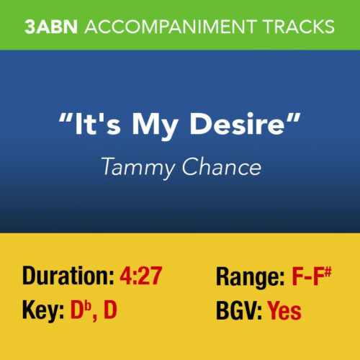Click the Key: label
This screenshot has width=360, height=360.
[x=42, y=312]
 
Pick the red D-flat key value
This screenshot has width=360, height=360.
[x=79, y=311]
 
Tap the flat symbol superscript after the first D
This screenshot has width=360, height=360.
[x=87, y=306]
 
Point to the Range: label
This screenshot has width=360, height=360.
[x=249, y=276]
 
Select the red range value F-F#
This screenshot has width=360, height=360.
[x=314, y=276]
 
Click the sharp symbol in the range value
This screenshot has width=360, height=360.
[x=334, y=270]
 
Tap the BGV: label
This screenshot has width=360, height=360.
[x=239, y=312]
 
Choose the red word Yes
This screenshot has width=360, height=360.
[x=284, y=312]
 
